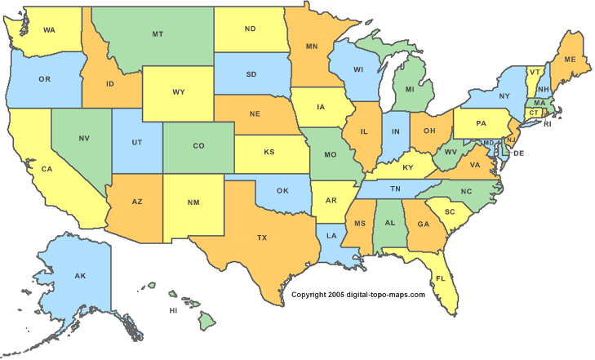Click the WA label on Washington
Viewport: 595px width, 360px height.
pyautogui.click(x=49, y=30)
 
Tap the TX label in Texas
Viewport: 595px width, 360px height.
pyautogui.click(x=262, y=238)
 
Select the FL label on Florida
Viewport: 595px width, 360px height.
pyautogui.click(x=440, y=278)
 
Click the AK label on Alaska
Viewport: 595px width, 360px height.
pyautogui.click(x=80, y=276)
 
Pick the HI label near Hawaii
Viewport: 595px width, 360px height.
pyautogui.click(x=173, y=311)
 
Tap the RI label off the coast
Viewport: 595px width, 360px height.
pyautogui.click(x=548, y=124)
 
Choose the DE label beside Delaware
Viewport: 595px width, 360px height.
pyautogui.click(x=518, y=153)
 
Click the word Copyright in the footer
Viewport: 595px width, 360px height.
pyautogui.click(x=310, y=295)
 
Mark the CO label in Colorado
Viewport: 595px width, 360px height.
pyautogui.click(x=198, y=146)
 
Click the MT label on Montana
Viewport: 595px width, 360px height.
pyautogui.click(x=157, y=34)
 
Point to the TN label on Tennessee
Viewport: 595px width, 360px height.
pyautogui.click(x=394, y=189)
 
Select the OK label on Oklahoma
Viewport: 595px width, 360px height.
pyautogui.click(x=283, y=193)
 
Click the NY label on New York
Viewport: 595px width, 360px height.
pyautogui.click(x=504, y=96)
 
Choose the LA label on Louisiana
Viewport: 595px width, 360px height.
pyautogui.click(x=331, y=236)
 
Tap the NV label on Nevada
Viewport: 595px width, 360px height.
pyautogui.click(x=83, y=139)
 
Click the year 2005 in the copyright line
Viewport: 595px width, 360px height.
pyautogui.click(x=338, y=295)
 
